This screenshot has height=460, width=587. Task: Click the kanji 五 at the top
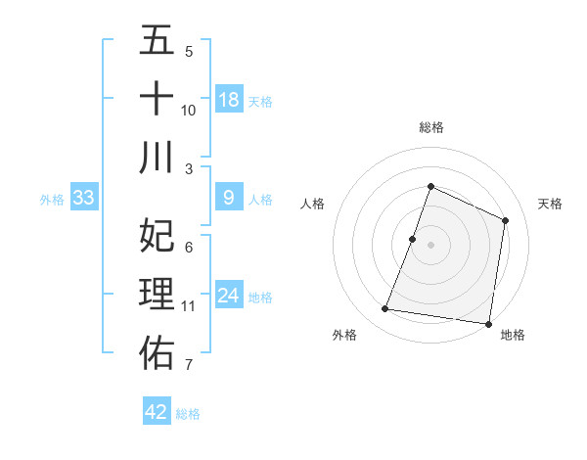tap(157, 42)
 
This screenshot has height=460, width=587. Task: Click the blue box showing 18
tap(229, 100)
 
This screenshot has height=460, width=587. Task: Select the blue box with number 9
tap(229, 199)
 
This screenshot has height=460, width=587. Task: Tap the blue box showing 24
tap(229, 297)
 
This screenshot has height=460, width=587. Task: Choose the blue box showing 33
tap(84, 199)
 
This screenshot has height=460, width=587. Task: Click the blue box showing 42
tap(157, 412)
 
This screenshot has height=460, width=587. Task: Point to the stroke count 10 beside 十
tap(189, 110)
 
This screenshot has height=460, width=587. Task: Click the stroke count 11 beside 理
tap(189, 306)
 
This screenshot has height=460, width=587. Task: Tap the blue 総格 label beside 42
tap(188, 414)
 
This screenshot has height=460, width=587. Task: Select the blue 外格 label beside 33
tap(52, 200)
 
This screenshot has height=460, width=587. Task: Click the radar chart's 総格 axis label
tap(430, 127)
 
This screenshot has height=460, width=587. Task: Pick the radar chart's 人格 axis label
tap(312, 204)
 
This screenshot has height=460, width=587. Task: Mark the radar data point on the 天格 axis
tap(506, 220)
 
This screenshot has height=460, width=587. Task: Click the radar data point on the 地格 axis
tap(488, 323)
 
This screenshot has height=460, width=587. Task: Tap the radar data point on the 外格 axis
tap(385, 309)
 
